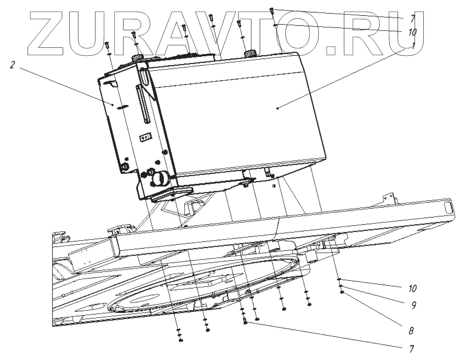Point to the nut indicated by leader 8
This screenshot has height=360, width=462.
click(343, 292)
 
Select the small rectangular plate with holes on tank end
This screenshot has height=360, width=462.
click(145, 137)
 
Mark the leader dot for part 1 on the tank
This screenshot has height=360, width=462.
click(277, 109)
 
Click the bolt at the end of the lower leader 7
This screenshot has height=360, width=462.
click(245, 322)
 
